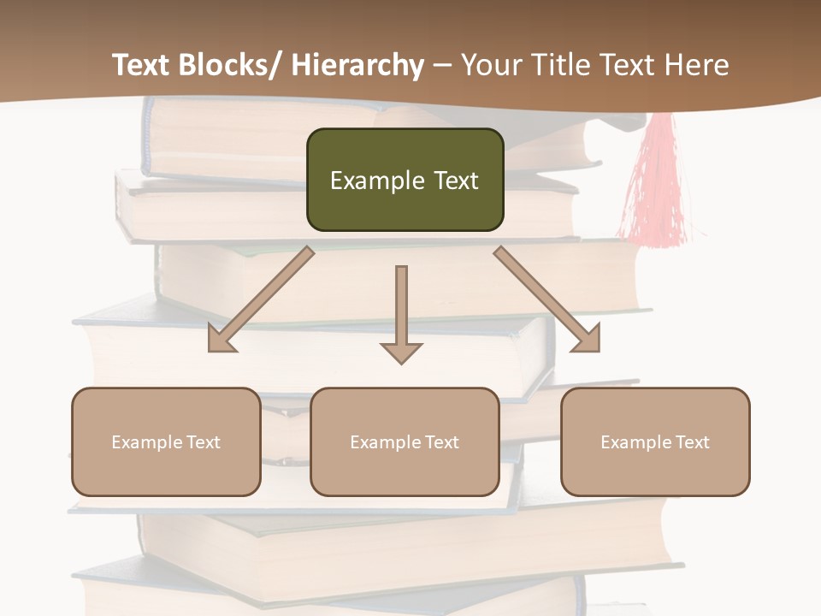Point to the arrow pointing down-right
coord(547,300)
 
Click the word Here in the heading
coord(696,65)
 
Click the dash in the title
coord(442,65)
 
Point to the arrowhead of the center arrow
coord(401,352)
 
